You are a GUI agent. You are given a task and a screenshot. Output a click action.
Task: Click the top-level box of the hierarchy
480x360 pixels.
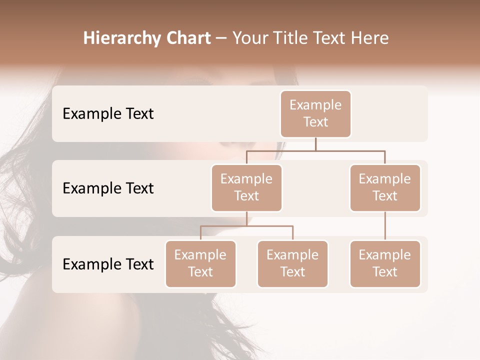(315, 113)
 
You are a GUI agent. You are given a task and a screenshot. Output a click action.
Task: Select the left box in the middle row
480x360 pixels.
(246, 187)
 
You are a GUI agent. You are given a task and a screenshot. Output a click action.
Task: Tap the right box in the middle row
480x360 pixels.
(385, 187)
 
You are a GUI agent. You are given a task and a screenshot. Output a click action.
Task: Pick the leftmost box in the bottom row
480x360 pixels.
(200, 263)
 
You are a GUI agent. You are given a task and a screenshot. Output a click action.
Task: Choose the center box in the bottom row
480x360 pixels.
(292, 263)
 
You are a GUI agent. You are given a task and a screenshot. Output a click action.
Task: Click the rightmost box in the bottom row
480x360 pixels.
(385, 263)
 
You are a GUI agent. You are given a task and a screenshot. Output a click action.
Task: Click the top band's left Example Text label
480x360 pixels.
(108, 114)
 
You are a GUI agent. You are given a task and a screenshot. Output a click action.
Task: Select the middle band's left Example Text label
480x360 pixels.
(108, 188)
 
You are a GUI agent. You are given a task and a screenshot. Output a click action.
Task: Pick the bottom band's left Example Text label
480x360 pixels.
(108, 264)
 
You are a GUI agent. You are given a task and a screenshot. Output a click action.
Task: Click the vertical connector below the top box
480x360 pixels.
(315, 144)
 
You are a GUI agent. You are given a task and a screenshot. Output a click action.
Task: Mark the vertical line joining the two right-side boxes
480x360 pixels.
(385, 226)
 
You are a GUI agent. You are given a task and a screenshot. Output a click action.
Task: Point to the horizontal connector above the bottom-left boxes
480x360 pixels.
(246, 226)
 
